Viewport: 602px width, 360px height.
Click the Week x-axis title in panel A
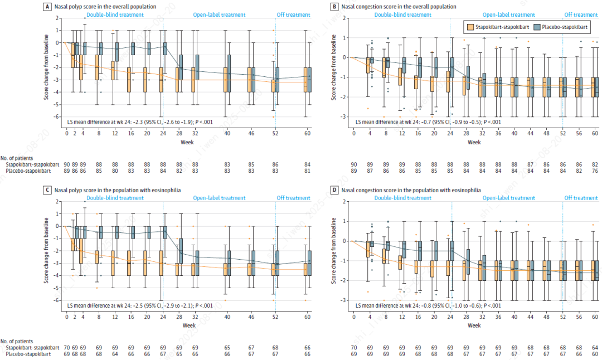(187, 142)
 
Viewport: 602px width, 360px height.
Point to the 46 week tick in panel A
(251, 133)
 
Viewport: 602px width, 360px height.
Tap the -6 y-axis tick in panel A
(57, 116)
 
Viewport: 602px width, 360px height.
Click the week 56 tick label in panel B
(580, 133)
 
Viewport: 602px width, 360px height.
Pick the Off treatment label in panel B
(581, 15)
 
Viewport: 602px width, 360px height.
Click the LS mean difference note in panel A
(139, 121)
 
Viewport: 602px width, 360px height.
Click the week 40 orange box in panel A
(226, 80)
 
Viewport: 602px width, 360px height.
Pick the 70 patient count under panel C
(66, 348)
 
